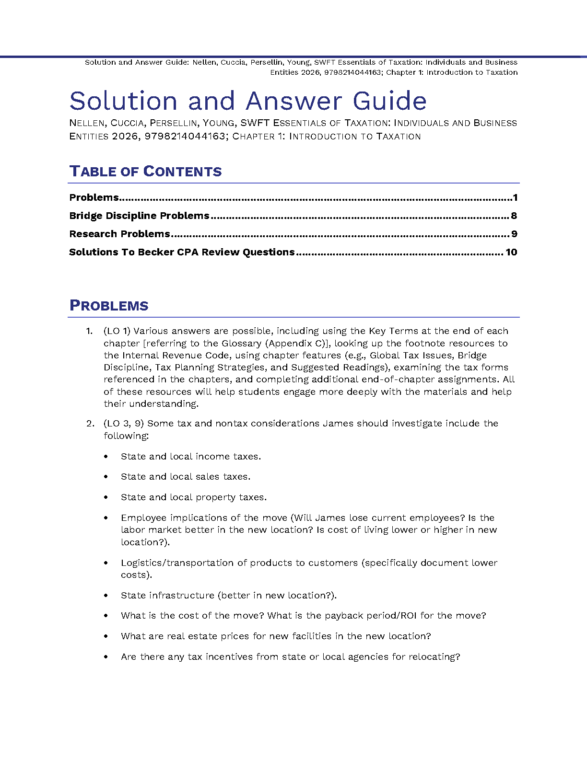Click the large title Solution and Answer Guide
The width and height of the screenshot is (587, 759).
[x=248, y=101]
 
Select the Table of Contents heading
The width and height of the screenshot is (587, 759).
[x=145, y=172]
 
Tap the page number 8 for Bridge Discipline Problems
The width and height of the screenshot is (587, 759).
[x=514, y=216]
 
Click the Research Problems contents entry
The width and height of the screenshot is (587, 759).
[x=119, y=234]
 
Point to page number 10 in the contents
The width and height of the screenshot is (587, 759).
[x=511, y=252]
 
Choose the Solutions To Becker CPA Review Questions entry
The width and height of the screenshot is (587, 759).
[x=182, y=252]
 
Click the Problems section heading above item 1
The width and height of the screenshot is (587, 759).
[x=109, y=306]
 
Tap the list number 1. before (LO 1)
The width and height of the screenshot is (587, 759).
[x=89, y=331]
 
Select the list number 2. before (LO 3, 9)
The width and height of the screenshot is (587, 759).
[x=90, y=424]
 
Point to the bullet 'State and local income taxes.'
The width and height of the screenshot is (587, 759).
[x=191, y=457]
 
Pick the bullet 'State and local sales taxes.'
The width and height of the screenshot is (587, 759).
[x=186, y=477]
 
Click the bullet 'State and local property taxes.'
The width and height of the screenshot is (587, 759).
[x=194, y=497]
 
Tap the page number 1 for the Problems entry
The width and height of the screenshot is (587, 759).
[x=515, y=197]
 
